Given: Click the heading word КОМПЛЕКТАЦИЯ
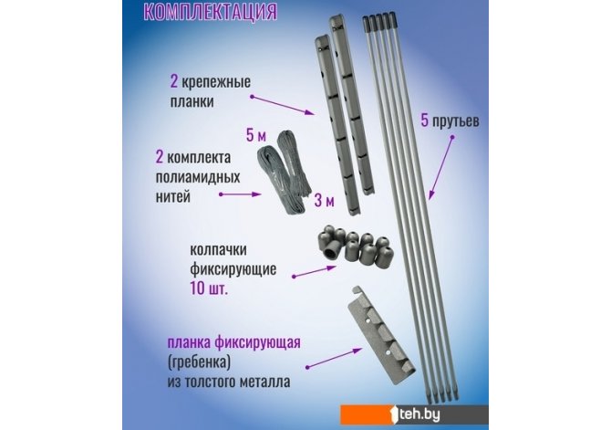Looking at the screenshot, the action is pos(210,11).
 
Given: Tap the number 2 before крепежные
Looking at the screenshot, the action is pos(174,82).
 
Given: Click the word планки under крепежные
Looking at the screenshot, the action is pos(192,101).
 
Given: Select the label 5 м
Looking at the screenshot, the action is pos(256,135).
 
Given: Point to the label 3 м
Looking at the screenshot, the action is pos(325,201).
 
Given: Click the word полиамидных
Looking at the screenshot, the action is pos(198,177).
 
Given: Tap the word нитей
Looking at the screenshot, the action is pos(173,196).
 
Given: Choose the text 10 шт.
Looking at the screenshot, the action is pos(208,288).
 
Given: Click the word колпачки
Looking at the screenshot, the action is pos(218,250).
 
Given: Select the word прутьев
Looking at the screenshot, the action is pos(456,121).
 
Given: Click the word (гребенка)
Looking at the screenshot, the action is pos(199,362).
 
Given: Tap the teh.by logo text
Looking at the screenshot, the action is pos(419,414).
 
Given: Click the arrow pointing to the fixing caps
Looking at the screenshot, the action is pos(315,271).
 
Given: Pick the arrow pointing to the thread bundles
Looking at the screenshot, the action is pos(240,194).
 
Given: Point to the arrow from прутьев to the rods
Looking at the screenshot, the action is pos(440,168).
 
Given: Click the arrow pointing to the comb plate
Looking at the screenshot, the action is pos(335,358).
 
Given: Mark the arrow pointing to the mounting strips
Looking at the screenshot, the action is pos(283,105).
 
